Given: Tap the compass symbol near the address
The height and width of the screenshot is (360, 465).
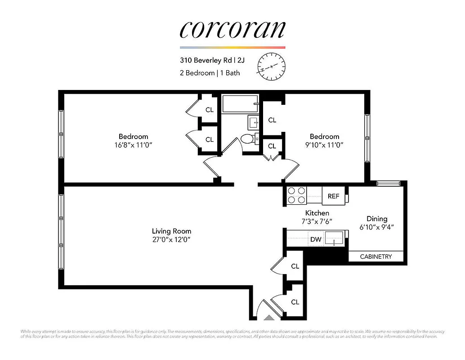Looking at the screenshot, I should click(x=271, y=67).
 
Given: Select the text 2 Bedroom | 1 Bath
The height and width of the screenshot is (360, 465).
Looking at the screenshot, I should click(x=210, y=73).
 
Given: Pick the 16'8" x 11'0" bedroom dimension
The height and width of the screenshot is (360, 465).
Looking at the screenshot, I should click(x=133, y=145).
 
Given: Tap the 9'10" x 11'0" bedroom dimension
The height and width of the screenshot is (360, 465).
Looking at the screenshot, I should click(x=324, y=145).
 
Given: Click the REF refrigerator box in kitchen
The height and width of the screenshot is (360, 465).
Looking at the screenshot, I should click(x=333, y=196).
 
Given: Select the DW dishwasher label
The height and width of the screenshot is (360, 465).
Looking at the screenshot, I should click(x=316, y=239).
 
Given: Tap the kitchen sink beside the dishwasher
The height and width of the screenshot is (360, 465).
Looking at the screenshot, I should click(x=335, y=238).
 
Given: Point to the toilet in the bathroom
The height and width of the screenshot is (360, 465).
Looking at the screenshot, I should click(x=246, y=139).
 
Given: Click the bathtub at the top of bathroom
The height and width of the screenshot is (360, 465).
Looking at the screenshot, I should click(x=240, y=104).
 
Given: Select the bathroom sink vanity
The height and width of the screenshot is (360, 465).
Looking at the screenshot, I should click(x=252, y=121).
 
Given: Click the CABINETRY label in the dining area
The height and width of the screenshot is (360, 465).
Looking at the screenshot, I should click(x=376, y=256).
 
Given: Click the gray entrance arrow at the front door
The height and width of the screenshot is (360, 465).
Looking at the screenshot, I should click(x=268, y=318).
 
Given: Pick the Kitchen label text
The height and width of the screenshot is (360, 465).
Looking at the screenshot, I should click(x=317, y=213).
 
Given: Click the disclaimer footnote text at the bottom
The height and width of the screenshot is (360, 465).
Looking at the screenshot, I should click(x=232, y=333).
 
